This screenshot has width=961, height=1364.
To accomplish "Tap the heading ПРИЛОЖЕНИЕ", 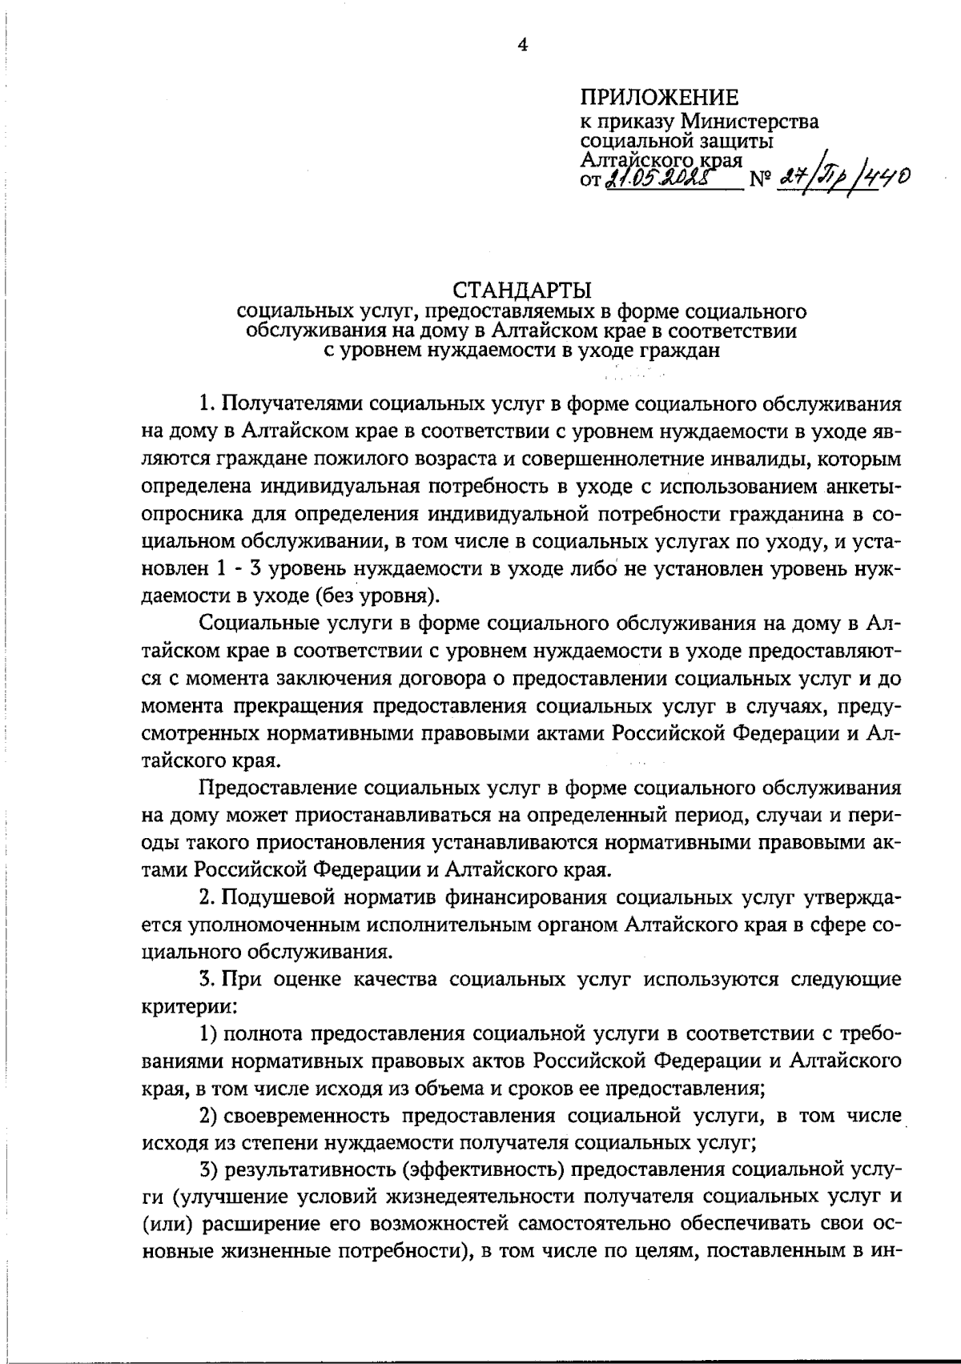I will (659, 98).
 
